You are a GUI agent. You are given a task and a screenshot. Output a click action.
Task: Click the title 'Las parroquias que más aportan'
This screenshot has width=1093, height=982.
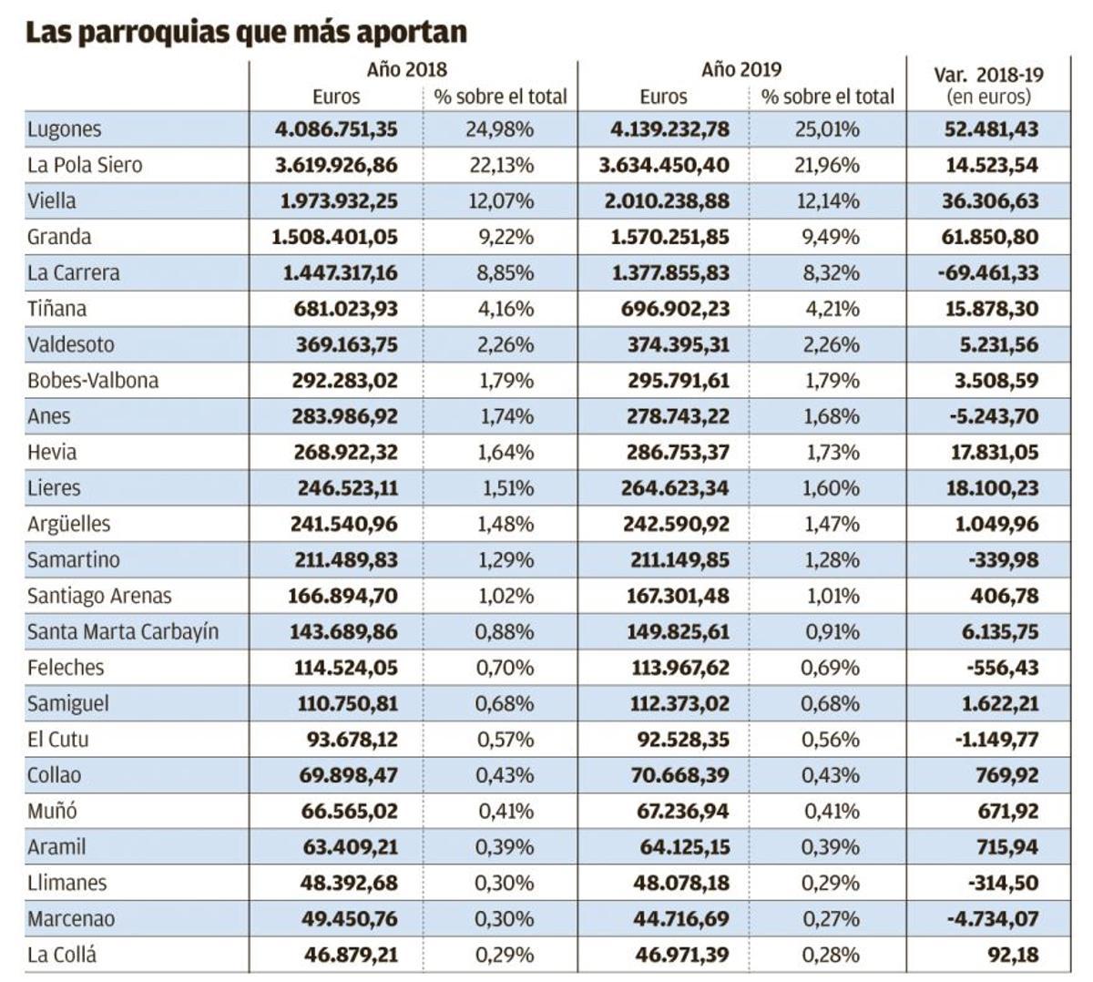click(x=246, y=32)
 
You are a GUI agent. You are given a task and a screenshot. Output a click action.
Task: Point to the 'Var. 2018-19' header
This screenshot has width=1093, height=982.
click(x=989, y=75)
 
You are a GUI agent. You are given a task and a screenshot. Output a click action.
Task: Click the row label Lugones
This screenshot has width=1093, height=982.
click(x=64, y=129)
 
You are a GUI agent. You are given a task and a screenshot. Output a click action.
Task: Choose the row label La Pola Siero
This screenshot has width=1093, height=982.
click(x=85, y=165)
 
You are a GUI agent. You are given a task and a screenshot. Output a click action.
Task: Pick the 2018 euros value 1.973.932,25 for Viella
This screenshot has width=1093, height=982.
click(x=336, y=201)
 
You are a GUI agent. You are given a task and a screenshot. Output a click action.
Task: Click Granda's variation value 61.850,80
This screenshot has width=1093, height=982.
click(x=990, y=237)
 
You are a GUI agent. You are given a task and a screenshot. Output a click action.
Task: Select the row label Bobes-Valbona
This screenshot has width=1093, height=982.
click(x=93, y=381)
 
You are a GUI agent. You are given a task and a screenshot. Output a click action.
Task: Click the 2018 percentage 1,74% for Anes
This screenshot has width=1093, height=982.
click(x=506, y=416)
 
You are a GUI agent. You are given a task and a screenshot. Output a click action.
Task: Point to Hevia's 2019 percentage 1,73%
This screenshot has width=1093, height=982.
click(x=831, y=453)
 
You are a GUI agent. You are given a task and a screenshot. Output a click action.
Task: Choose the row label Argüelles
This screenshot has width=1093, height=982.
click(x=68, y=525)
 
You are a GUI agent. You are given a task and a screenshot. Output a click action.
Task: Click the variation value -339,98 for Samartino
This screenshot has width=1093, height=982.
click(x=1003, y=560)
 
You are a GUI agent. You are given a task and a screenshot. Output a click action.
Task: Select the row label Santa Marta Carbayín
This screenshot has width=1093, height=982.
click(x=123, y=632)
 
